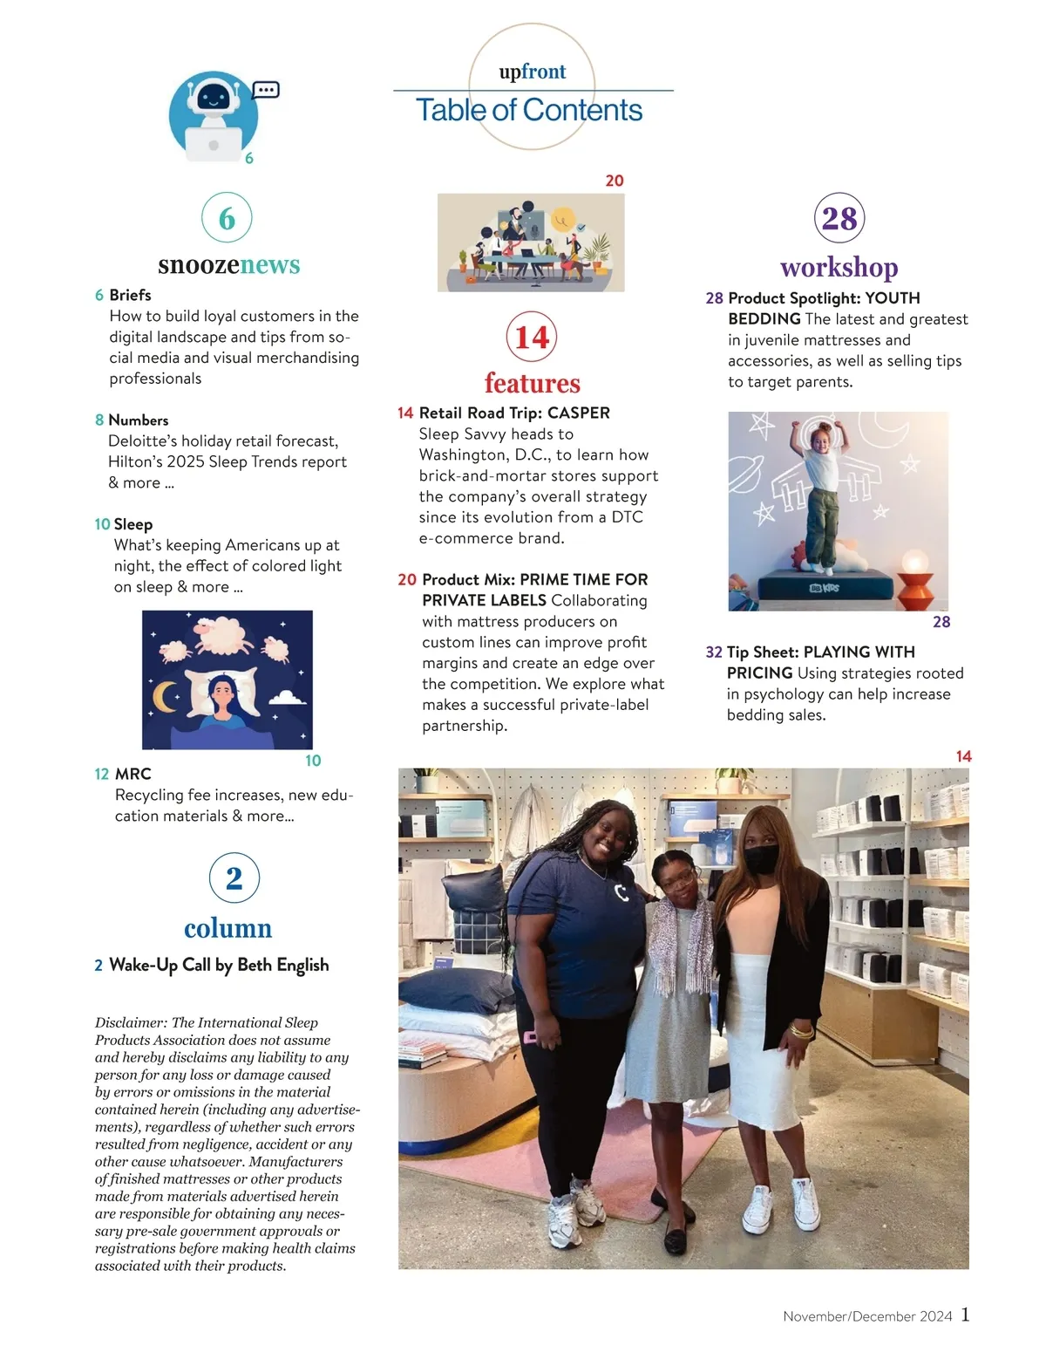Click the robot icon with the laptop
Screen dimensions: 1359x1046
tap(213, 116)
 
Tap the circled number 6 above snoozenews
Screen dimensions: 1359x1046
tap(227, 218)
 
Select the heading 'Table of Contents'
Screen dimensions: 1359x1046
tap(529, 111)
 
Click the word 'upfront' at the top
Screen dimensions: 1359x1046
tap(532, 72)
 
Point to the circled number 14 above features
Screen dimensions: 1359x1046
tap(532, 337)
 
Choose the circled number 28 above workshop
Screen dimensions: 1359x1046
tap(839, 218)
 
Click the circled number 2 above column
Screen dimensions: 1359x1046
tap(234, 878)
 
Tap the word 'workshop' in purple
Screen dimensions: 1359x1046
tap(839, 267)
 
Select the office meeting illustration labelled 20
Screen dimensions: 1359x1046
tap(531, 242)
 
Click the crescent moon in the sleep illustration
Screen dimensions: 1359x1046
tap(165, 696)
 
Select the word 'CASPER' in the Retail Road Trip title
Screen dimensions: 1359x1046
tap(579, 413)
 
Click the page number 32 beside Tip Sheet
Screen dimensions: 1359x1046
tap(714, 652)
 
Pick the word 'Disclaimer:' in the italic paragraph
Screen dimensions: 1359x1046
tap(131, 1022)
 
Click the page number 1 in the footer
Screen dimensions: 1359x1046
tap(965, 1315)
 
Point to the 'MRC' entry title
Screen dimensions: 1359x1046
tap(133, 775)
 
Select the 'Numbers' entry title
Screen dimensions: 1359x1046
tap(139, 420)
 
